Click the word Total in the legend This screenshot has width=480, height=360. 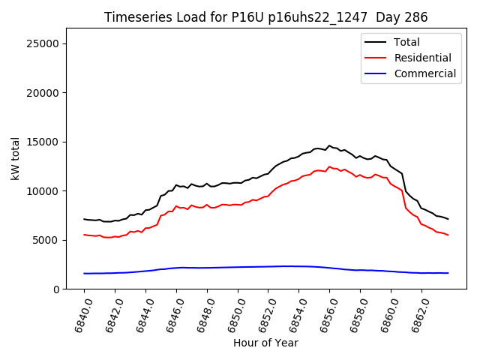(x=406, y=42)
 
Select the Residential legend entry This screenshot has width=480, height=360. (x=422, y=58)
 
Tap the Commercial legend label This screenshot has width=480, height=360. (x=424, y=73)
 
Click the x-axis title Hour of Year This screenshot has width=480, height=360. (x=265, y=343)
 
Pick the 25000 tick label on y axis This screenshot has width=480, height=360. (x=43, y=43)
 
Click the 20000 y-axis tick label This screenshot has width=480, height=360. (x=43, y=93)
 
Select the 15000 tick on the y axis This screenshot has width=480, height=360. (x=43, y=142)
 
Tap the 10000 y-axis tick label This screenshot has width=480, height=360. (x=43, y=191)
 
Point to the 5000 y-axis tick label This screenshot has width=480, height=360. (x=46, y=240)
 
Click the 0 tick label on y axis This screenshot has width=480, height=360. (x=57, y=289)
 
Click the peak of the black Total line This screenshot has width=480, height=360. (x=329, y=145)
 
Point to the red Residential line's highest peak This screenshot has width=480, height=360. (x=329, y=166)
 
